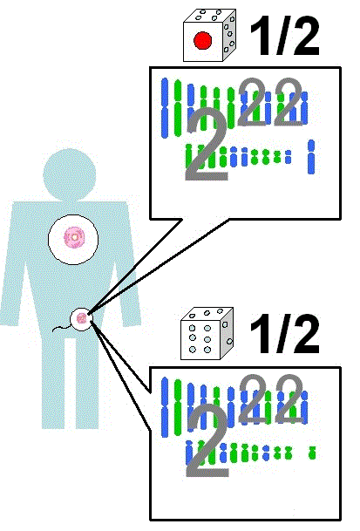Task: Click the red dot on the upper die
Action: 202,40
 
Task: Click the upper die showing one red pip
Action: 209,36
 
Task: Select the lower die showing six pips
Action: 207,334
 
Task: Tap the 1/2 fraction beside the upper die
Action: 284,37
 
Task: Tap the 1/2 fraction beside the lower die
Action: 284,334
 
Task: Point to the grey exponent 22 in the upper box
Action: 270,102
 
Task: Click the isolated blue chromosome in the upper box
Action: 311,157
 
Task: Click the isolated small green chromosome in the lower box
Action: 312,453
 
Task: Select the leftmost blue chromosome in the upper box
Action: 165,108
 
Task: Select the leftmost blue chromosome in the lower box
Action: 165,406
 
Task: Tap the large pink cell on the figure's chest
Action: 73,239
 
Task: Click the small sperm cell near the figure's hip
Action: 81,318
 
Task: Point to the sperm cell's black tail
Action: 61,328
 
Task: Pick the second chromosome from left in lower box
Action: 178,407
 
